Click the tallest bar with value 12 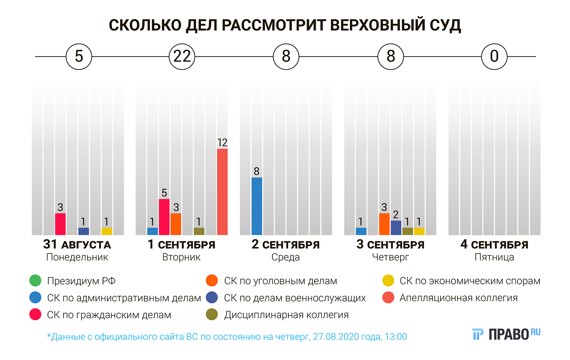coord(222,192)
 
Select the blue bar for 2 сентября coord(257,206)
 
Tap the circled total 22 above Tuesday coord(182,57)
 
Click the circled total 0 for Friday coord(494,57)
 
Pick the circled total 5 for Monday coord(79,57)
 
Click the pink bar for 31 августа coord(60,224)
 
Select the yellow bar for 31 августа coord(107,231)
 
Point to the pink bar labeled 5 coord(164,217)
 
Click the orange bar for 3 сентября coord(384,224)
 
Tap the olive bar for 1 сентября coord(199,231)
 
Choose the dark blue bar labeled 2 coord(396,228)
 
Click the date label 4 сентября coord(494,244)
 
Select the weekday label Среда coord(286,257)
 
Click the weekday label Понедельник coord(77,257)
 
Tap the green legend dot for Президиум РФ coord(35,281)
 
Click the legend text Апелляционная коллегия coord(458,298)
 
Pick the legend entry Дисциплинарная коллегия coord(286,315)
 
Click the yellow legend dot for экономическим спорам coord(388,281)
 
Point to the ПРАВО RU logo coord(506,334)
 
